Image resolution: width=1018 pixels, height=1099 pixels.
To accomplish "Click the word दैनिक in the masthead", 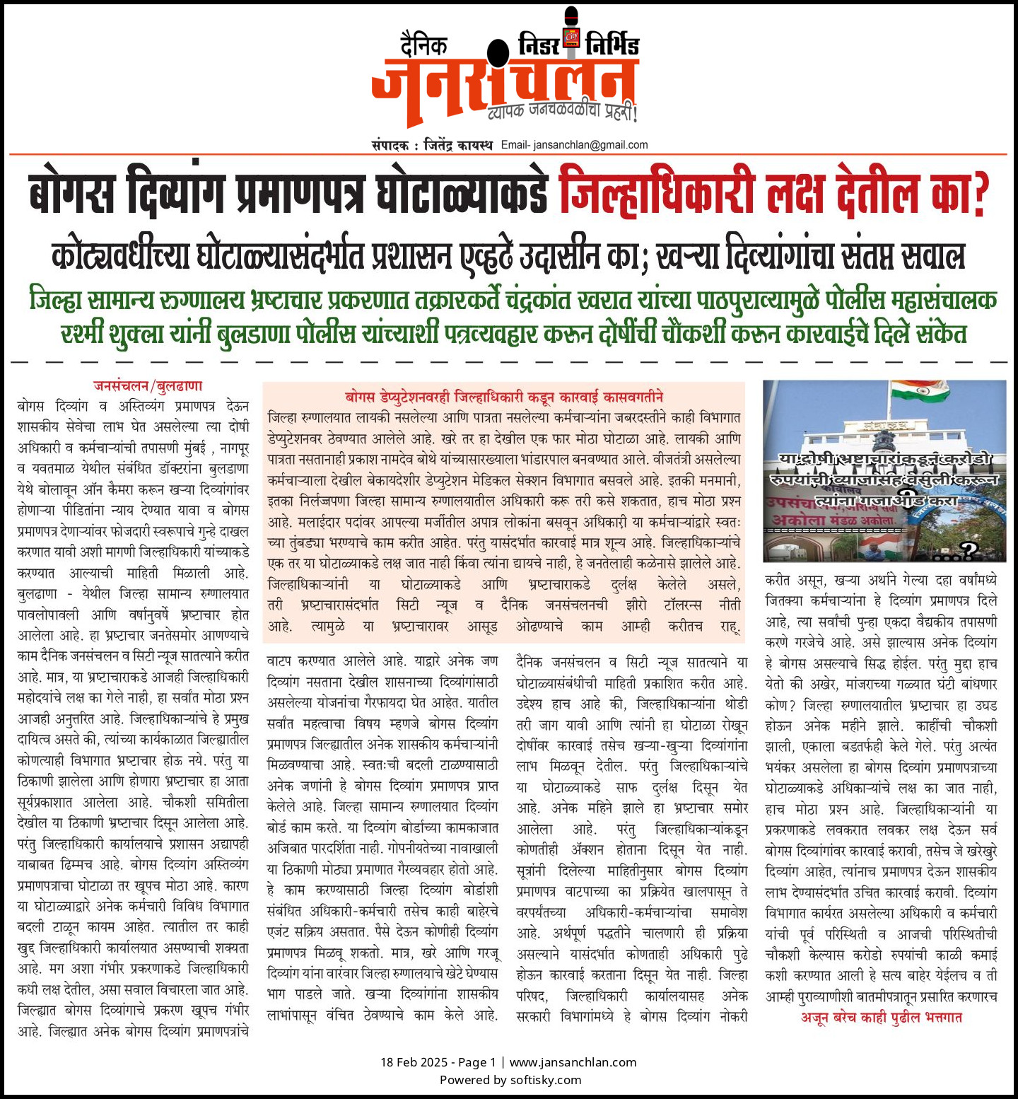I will pos(423,45).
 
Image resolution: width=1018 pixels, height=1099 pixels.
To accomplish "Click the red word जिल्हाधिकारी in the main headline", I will pos(657,191).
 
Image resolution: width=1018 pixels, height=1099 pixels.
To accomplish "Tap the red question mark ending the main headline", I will pos(979,192).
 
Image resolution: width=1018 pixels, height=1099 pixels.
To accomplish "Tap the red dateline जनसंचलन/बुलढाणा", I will pos(148,386).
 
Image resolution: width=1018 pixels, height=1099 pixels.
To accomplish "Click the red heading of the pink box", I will pos(504,397).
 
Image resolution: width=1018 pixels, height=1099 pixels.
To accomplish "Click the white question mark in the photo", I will pos(968,549).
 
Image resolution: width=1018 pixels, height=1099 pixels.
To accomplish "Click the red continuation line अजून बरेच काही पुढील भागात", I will pos(881,1017).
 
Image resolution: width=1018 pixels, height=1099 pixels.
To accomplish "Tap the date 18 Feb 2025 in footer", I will pos(414,1062).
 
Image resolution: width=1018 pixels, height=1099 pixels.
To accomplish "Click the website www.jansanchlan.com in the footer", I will pos(573,1062).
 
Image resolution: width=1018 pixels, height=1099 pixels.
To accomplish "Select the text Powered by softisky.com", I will pos(510,1080).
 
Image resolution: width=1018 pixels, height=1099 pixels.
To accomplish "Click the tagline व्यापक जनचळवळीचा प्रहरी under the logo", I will pos(562,112).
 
